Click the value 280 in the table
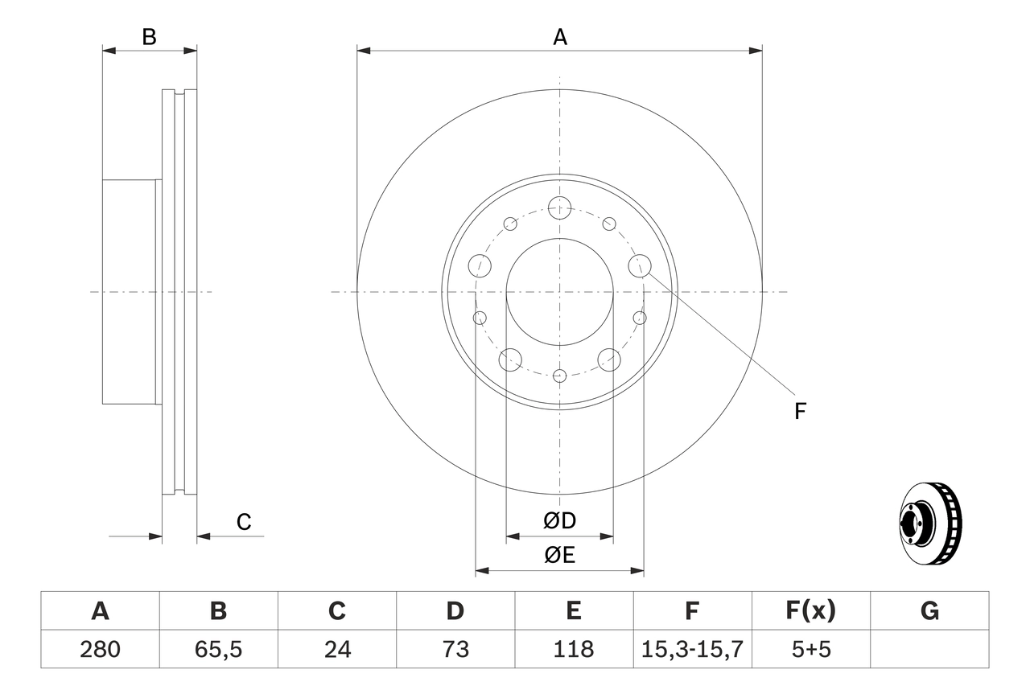tap(100, 649)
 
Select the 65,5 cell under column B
tap(218, 649)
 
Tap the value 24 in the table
tap(336, 649)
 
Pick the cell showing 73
tap(455, 649)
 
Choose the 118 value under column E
tap(573, 649)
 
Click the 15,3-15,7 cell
tap(692, 649)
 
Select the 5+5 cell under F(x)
tap(810, 649)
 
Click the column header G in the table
tap(929, 611)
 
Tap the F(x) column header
tap(810, 611)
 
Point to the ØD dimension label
tap(560, 521)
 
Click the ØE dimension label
tap(560, 555)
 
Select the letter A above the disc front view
tap(560, 37)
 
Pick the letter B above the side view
tap(149, 37)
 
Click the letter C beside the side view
tap(244, 522)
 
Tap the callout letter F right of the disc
tap(799, 411)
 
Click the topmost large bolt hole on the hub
tap(559, 207)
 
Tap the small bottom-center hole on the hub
tap(560, 376)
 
